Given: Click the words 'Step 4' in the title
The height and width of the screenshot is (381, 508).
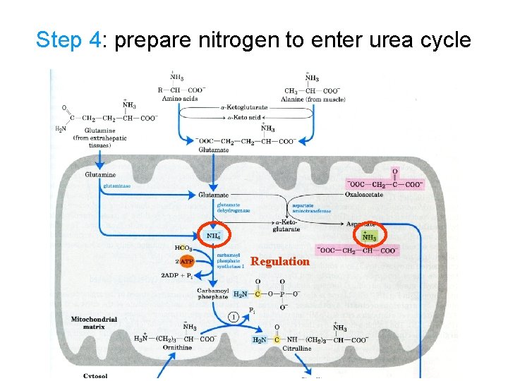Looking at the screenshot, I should click(68, 40).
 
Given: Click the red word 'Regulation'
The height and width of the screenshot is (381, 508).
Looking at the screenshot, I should click(280, 262).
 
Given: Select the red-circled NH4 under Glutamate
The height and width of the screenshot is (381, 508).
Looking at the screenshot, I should click(213, 236).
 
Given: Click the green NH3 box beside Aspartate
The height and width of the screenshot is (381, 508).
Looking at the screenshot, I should click(369, 236).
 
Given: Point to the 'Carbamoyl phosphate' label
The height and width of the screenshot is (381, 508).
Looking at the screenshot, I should click(212, 294).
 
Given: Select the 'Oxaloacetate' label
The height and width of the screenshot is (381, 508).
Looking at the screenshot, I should click(365, 194).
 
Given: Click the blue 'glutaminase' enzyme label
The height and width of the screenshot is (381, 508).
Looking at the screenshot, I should click(116, 186).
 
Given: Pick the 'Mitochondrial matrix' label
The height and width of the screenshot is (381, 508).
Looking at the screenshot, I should click(94, 323).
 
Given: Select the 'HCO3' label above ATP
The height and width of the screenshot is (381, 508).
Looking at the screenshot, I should click(183, 248).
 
